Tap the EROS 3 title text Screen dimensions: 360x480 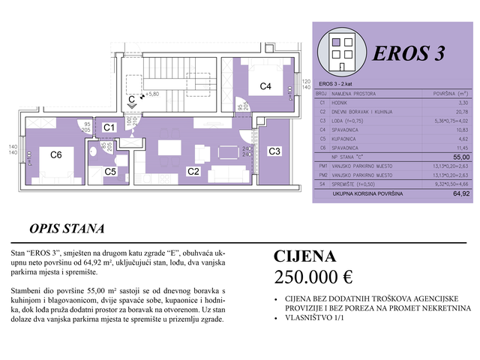[409, 53]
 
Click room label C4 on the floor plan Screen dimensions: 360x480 [265, 86]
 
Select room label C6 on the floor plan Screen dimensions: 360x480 [55, 155]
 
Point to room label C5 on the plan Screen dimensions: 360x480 [110, 172]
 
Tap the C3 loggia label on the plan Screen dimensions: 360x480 [274, 151]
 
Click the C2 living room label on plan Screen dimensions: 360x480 [193, 172]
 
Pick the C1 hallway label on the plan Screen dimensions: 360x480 [109, 127]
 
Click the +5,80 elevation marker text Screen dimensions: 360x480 [153, 94]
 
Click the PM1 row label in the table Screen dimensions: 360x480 [324, 166]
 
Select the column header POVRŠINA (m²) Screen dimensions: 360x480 [450, 93]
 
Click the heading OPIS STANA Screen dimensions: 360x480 [67, 229]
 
